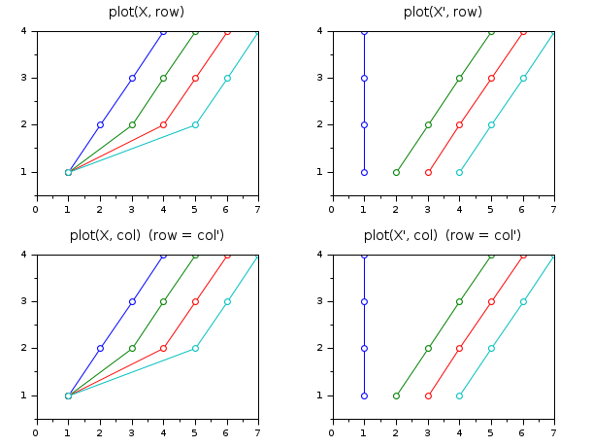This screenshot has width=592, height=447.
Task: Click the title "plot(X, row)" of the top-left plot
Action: click(x=147, y=12)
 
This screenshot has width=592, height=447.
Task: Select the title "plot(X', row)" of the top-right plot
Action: click(x=443, y=12)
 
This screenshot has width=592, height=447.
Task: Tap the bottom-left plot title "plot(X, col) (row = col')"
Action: click(x=147, y=235)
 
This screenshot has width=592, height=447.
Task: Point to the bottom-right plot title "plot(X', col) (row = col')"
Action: click(x=443, y=235)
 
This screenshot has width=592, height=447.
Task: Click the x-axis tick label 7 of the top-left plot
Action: click(x=258, y=208)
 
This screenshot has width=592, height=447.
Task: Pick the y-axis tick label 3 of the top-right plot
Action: click(x=321, y=78)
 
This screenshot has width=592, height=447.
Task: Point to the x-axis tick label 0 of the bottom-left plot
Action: click(x=36, y=431)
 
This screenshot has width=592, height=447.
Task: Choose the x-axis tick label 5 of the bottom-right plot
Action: click(x=490, y=431)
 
